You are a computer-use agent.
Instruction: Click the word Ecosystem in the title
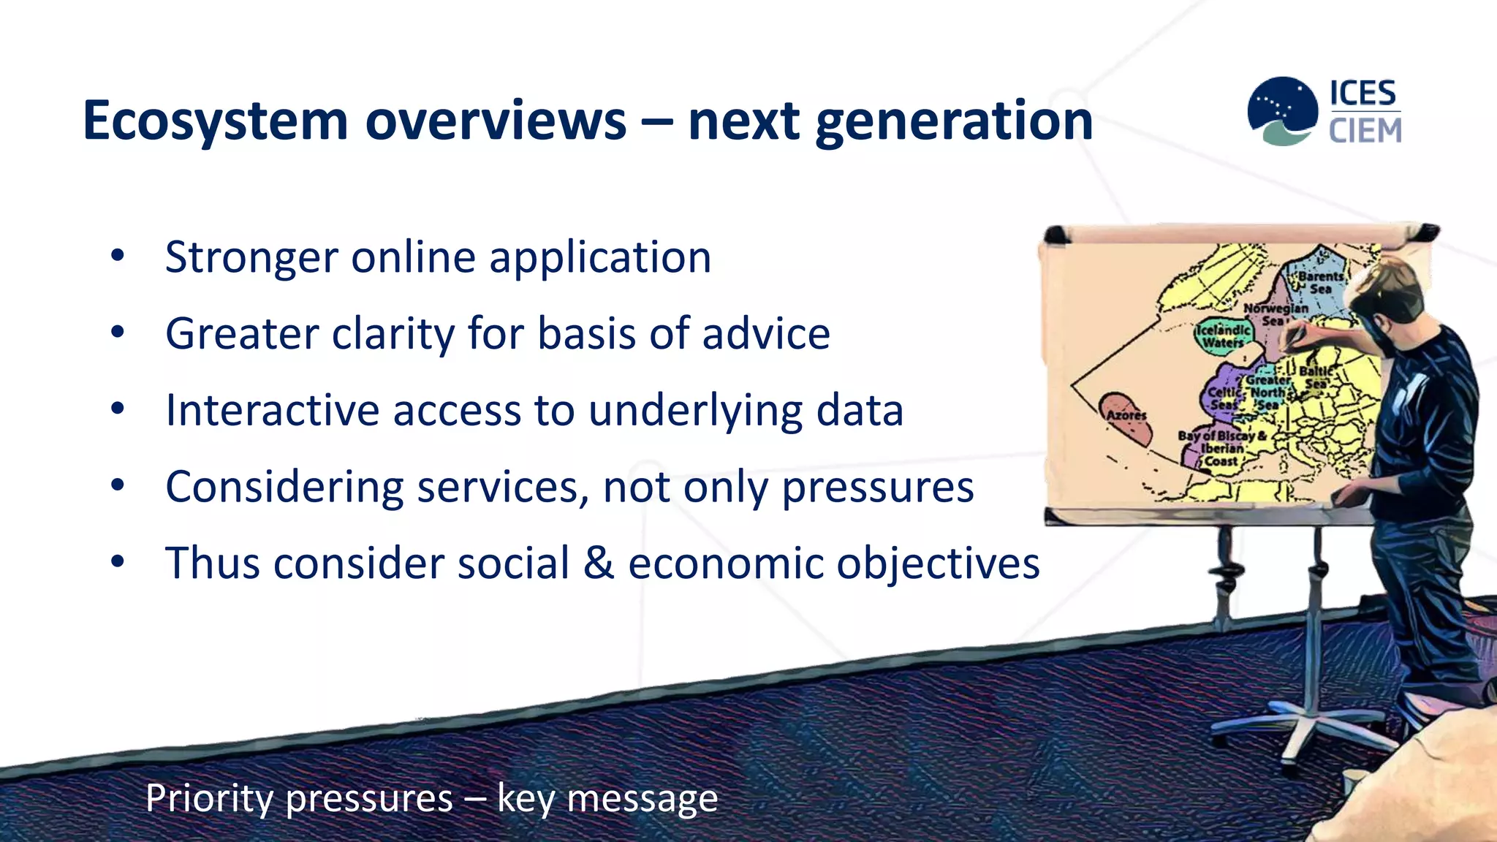point(215,121)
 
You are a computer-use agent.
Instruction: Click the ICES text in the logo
point(1363,94)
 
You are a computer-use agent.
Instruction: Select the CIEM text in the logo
point(1365,131)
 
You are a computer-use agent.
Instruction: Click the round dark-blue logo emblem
point(1283,110)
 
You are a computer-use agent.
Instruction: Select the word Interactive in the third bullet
point(272,410)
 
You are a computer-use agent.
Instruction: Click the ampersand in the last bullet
point(599,564)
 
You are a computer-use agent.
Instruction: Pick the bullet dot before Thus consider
point(118,562)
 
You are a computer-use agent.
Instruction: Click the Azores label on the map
point(1126,415)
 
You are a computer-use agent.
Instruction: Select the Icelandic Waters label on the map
point(1224,336)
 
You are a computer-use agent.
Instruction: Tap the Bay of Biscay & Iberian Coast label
point(1221,448)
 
